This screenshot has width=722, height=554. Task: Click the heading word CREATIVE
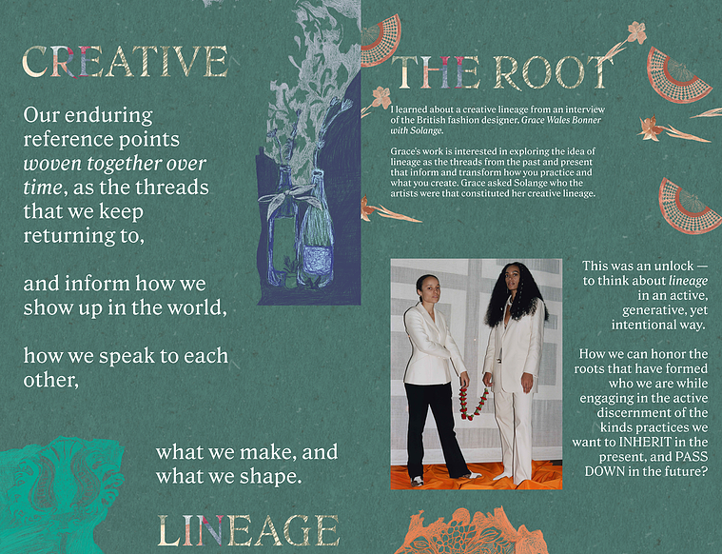click(x=126, y=61)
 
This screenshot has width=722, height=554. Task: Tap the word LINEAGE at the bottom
click(x=248, y=530)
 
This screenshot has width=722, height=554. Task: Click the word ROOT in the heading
click(x=554, y=72)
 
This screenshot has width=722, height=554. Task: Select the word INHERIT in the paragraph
click(x=645, y=442)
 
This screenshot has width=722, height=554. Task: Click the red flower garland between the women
click(x=473, y=404)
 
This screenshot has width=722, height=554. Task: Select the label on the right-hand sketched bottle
click(x=317, y=261)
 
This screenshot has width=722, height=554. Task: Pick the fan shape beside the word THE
click(x=381, y=41)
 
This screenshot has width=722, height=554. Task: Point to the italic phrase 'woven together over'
click(x=115, y=164)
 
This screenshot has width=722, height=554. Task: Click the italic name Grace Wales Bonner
click(x=561, y=120)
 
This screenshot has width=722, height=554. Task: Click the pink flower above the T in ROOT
click(x=637, y=31)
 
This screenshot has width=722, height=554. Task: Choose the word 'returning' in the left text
click(x=69, y=236)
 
